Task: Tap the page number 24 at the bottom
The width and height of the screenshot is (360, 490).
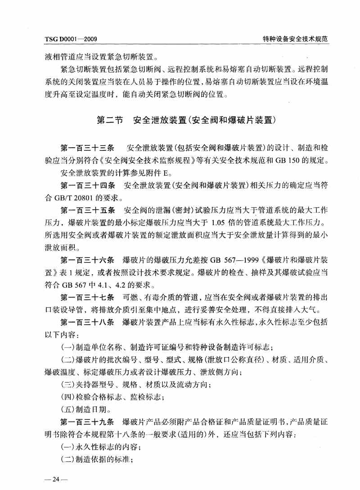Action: pos(56,478)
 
